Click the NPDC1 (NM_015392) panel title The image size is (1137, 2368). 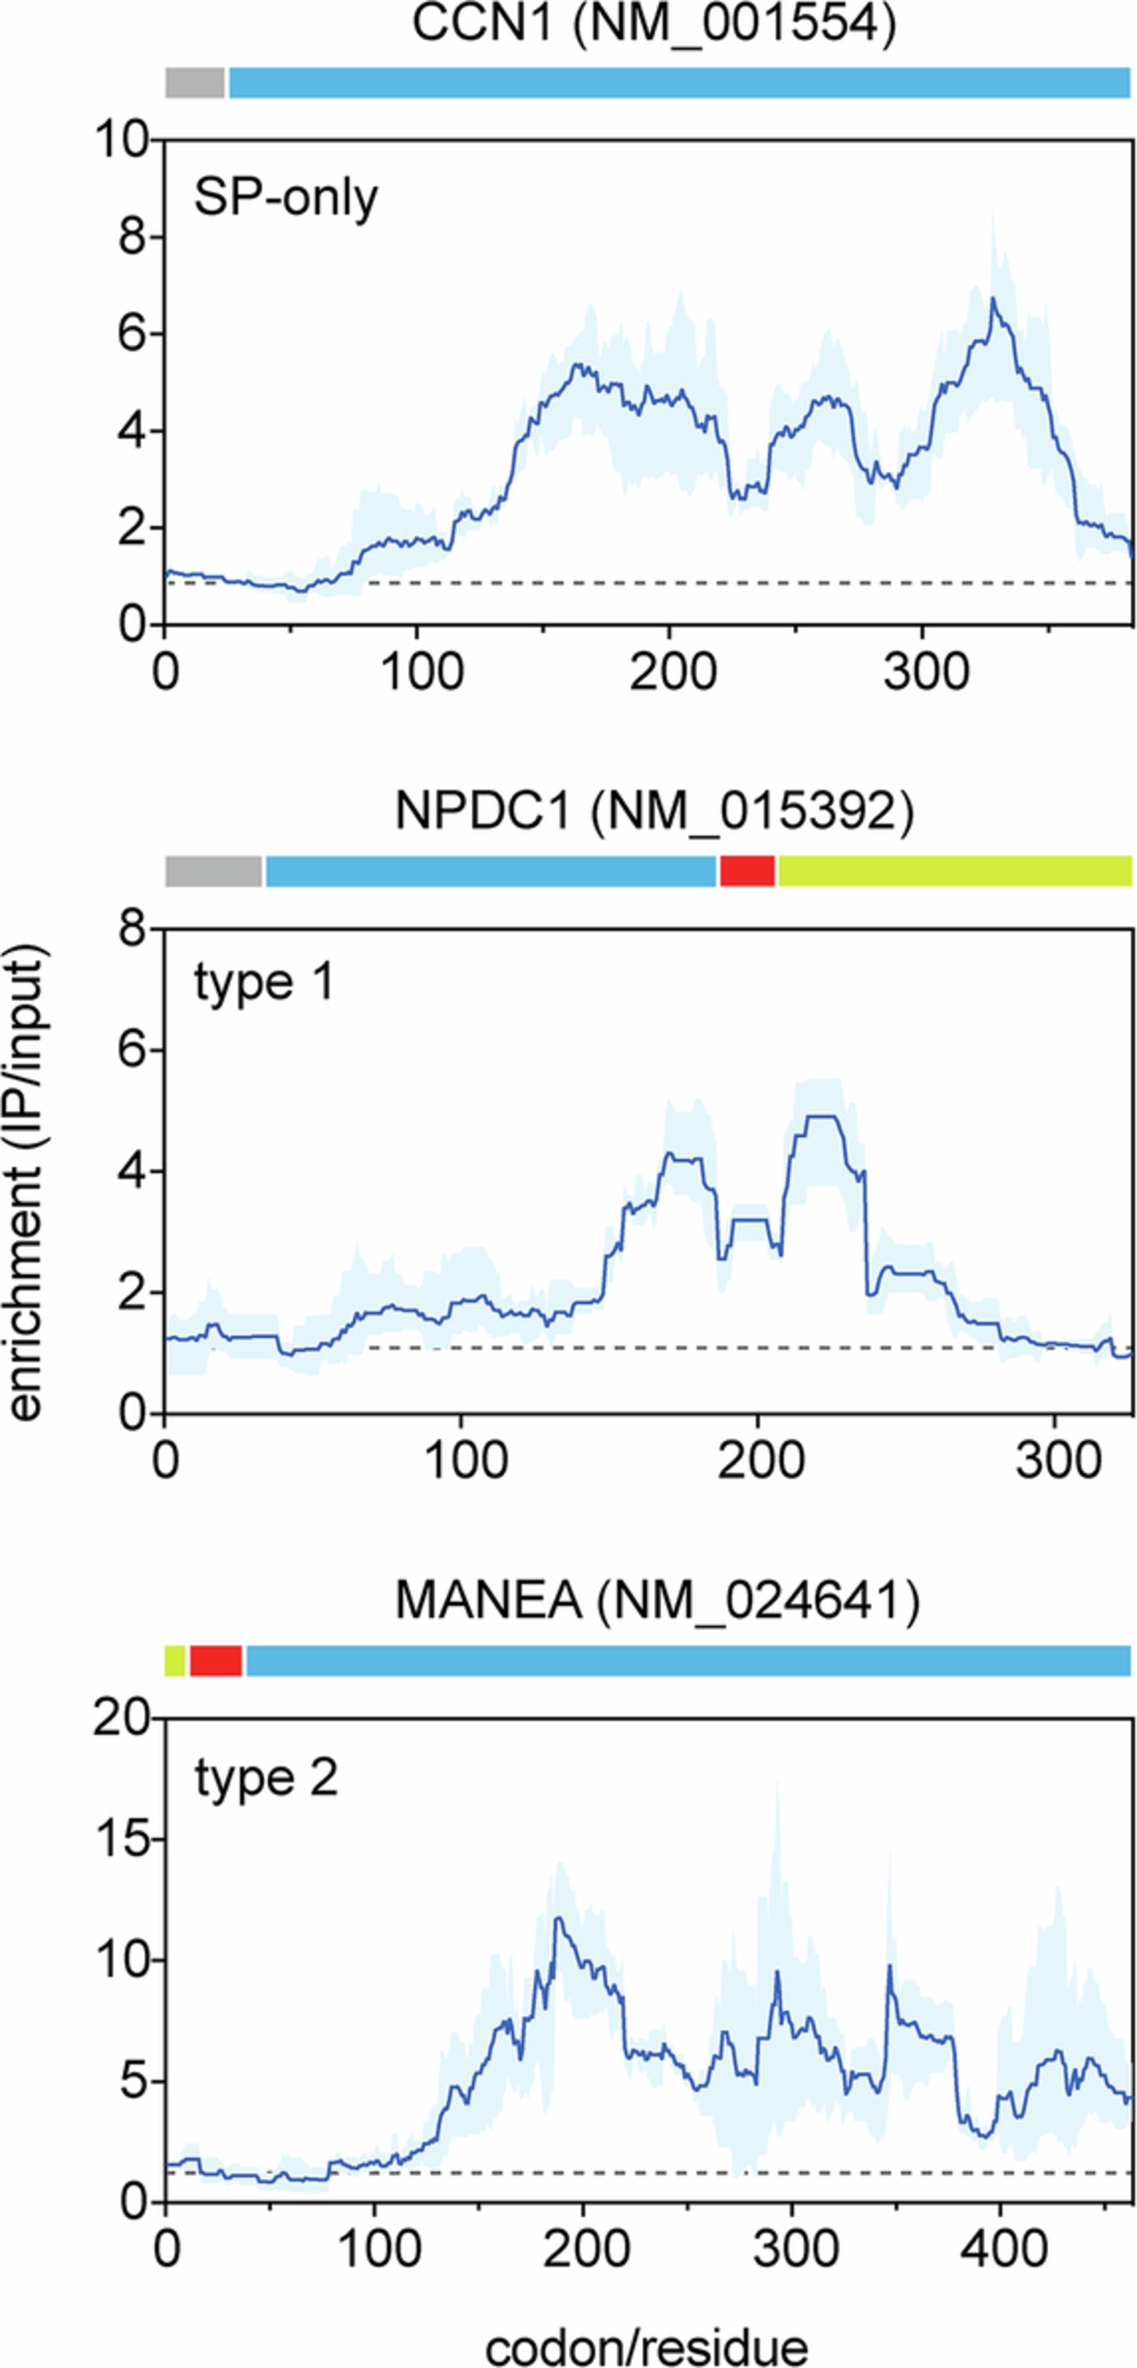pos(653,810)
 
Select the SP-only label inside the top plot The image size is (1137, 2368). pos(286,198)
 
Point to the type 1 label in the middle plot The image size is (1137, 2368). pos(264,982)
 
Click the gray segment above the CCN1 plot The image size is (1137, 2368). pos(195,83)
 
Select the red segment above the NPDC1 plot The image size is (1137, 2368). pos(746,871)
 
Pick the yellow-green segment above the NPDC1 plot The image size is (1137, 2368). pos(954,871)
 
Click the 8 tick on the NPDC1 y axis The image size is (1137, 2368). pos(132,929)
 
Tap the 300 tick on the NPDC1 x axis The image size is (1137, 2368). pos(1057,1460)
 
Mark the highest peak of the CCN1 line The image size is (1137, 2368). pos(992,298)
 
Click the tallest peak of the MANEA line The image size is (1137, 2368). pos(558,1918)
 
